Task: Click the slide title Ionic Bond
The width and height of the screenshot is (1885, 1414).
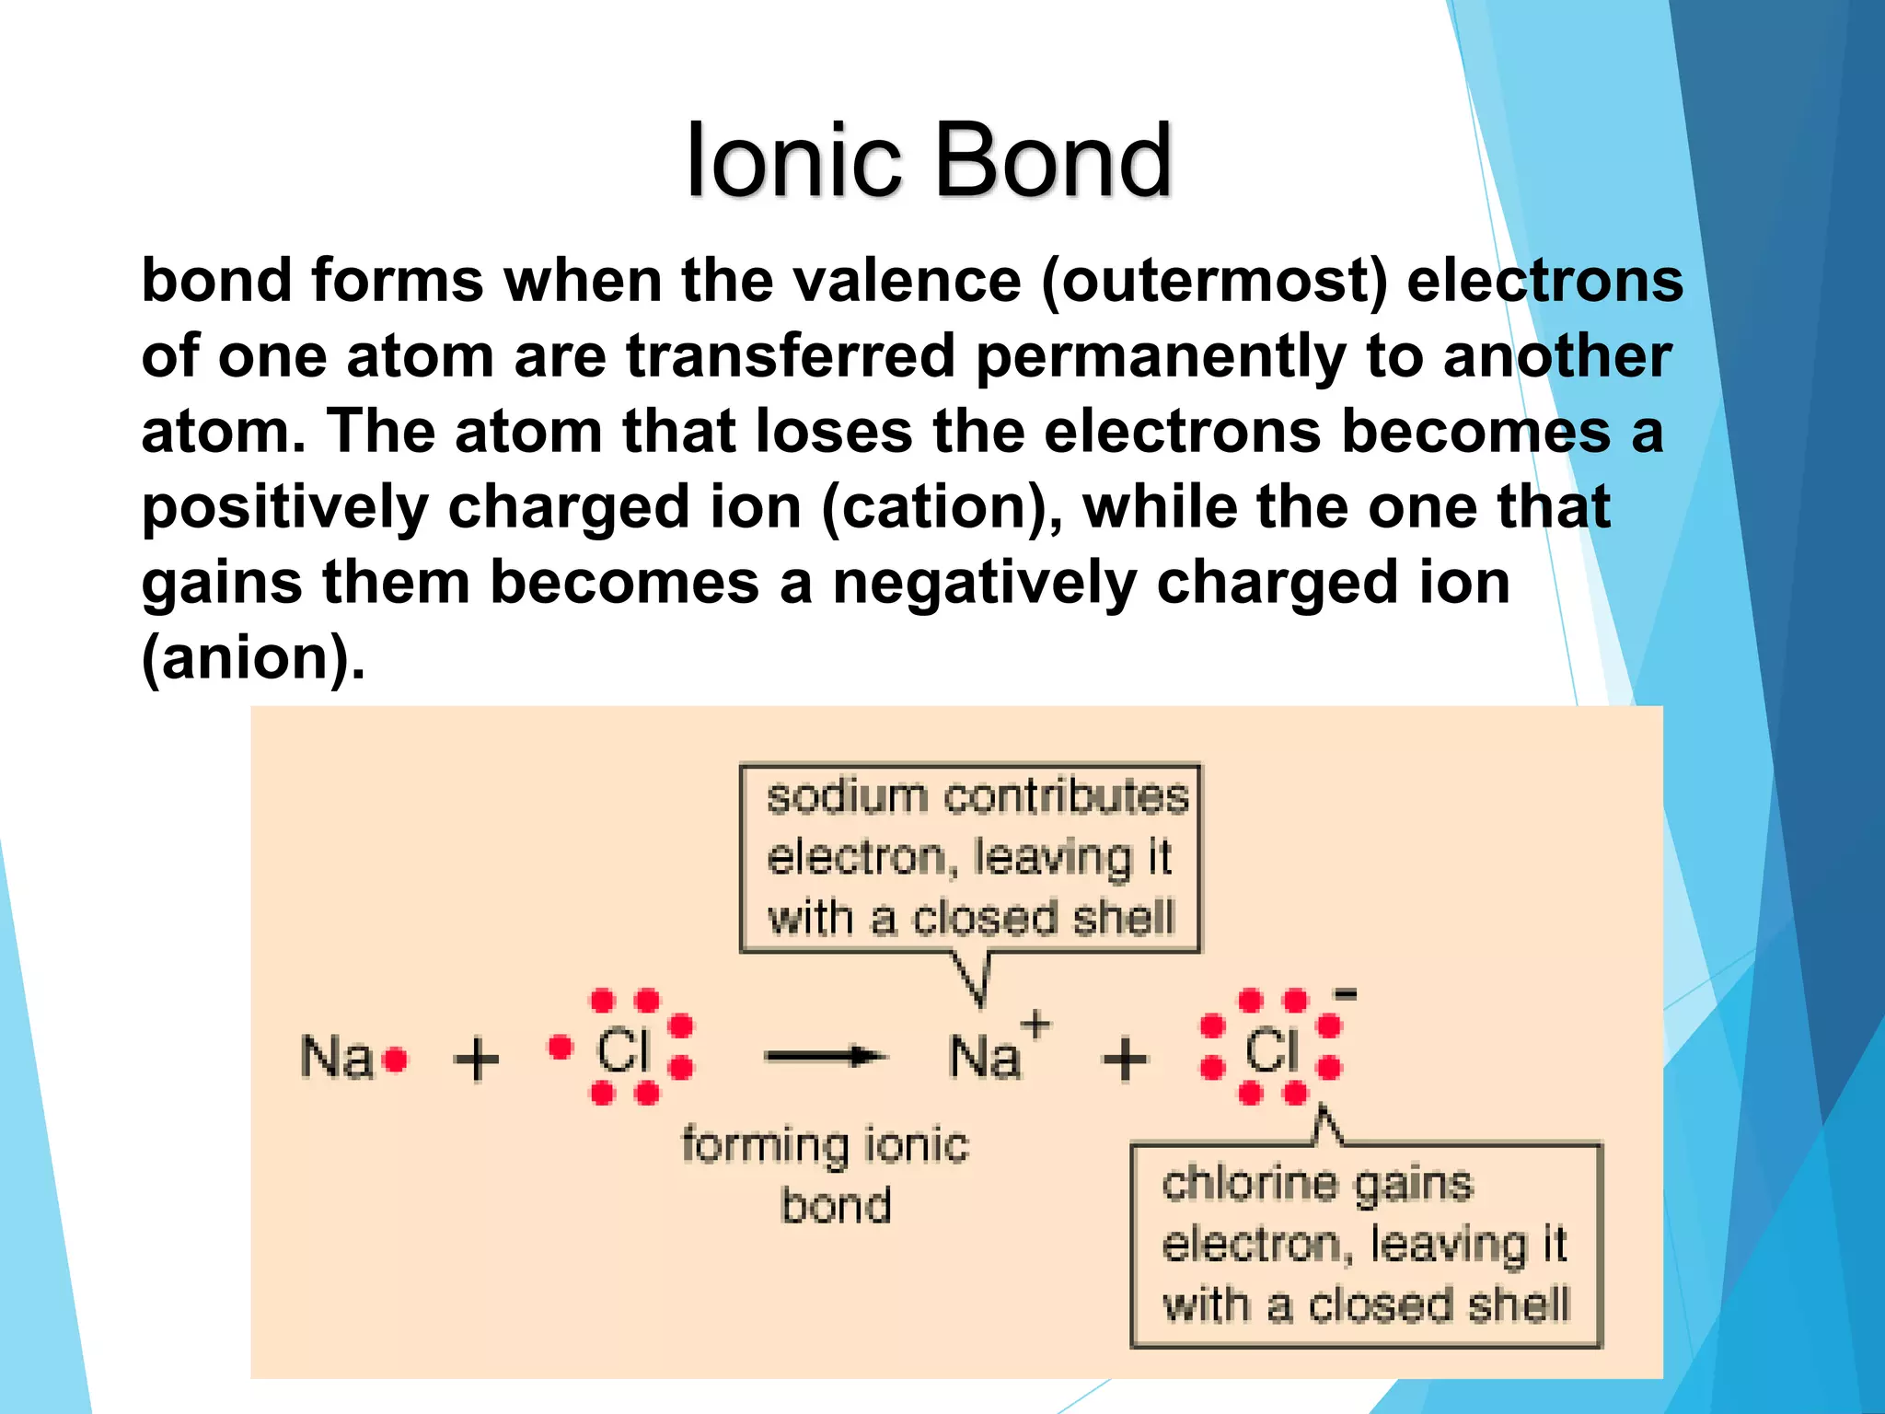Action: [x=929, y=161]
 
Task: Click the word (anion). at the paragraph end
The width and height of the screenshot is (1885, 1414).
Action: [x=253, y=658]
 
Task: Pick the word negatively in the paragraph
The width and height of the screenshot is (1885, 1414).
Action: [x=984, y=583]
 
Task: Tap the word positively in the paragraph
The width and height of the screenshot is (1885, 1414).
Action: [x=284, y=507]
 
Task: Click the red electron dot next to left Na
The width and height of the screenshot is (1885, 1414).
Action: [x=396, y=1060]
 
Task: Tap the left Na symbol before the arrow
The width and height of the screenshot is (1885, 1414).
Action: [x=336, y=1057]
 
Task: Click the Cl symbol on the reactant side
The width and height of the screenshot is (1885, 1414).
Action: [x=623, y=1050]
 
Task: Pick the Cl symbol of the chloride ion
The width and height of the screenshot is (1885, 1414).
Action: [x=1271, y=1050]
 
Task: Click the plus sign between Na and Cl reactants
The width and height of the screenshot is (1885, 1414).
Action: [x=477, y=1059]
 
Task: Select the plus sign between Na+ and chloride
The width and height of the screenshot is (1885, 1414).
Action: [x=1125, y=1059]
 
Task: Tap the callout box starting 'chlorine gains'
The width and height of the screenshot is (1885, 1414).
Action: [x=1366, y=1245]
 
